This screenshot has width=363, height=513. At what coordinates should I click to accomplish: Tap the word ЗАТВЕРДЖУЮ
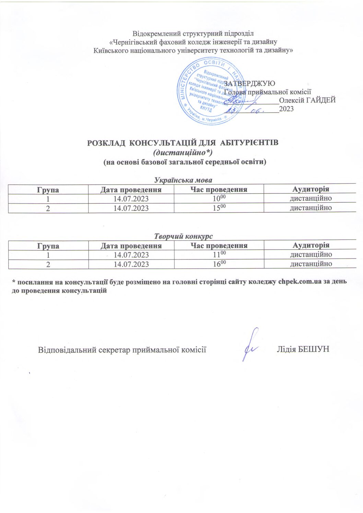pyautogui.click(x=249, y=83)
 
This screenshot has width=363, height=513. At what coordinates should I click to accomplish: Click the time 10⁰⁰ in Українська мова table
pyautogui.click(x=219, y=199)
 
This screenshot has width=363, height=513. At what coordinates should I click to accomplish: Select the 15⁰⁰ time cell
pyautogui.click(x=219, y=208)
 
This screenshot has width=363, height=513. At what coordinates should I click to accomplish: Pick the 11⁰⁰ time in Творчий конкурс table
pyautogui.click(x=219, y=254)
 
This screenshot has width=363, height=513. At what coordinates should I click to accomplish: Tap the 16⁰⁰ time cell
pyautogui.click(x=219, y=264)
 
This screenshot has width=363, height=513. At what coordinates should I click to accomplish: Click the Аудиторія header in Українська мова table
pyautogui.click(x=311, y=189)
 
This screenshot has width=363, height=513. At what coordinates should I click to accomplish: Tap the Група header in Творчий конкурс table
pyautogui.click(x=48, y=246)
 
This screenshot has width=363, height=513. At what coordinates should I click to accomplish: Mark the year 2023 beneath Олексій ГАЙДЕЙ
pyautogui.click(x=286, y=109)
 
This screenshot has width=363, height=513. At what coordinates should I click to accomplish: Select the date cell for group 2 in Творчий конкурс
pyautogui.click(x=131, y=264)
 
